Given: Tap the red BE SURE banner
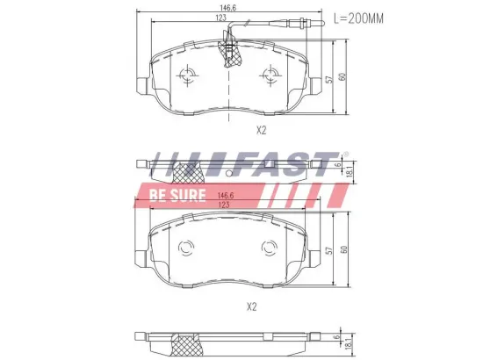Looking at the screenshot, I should pyautogui.click(x=176, y=194).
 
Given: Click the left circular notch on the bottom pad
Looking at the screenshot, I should pyautogui.click(x=185, y=249).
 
